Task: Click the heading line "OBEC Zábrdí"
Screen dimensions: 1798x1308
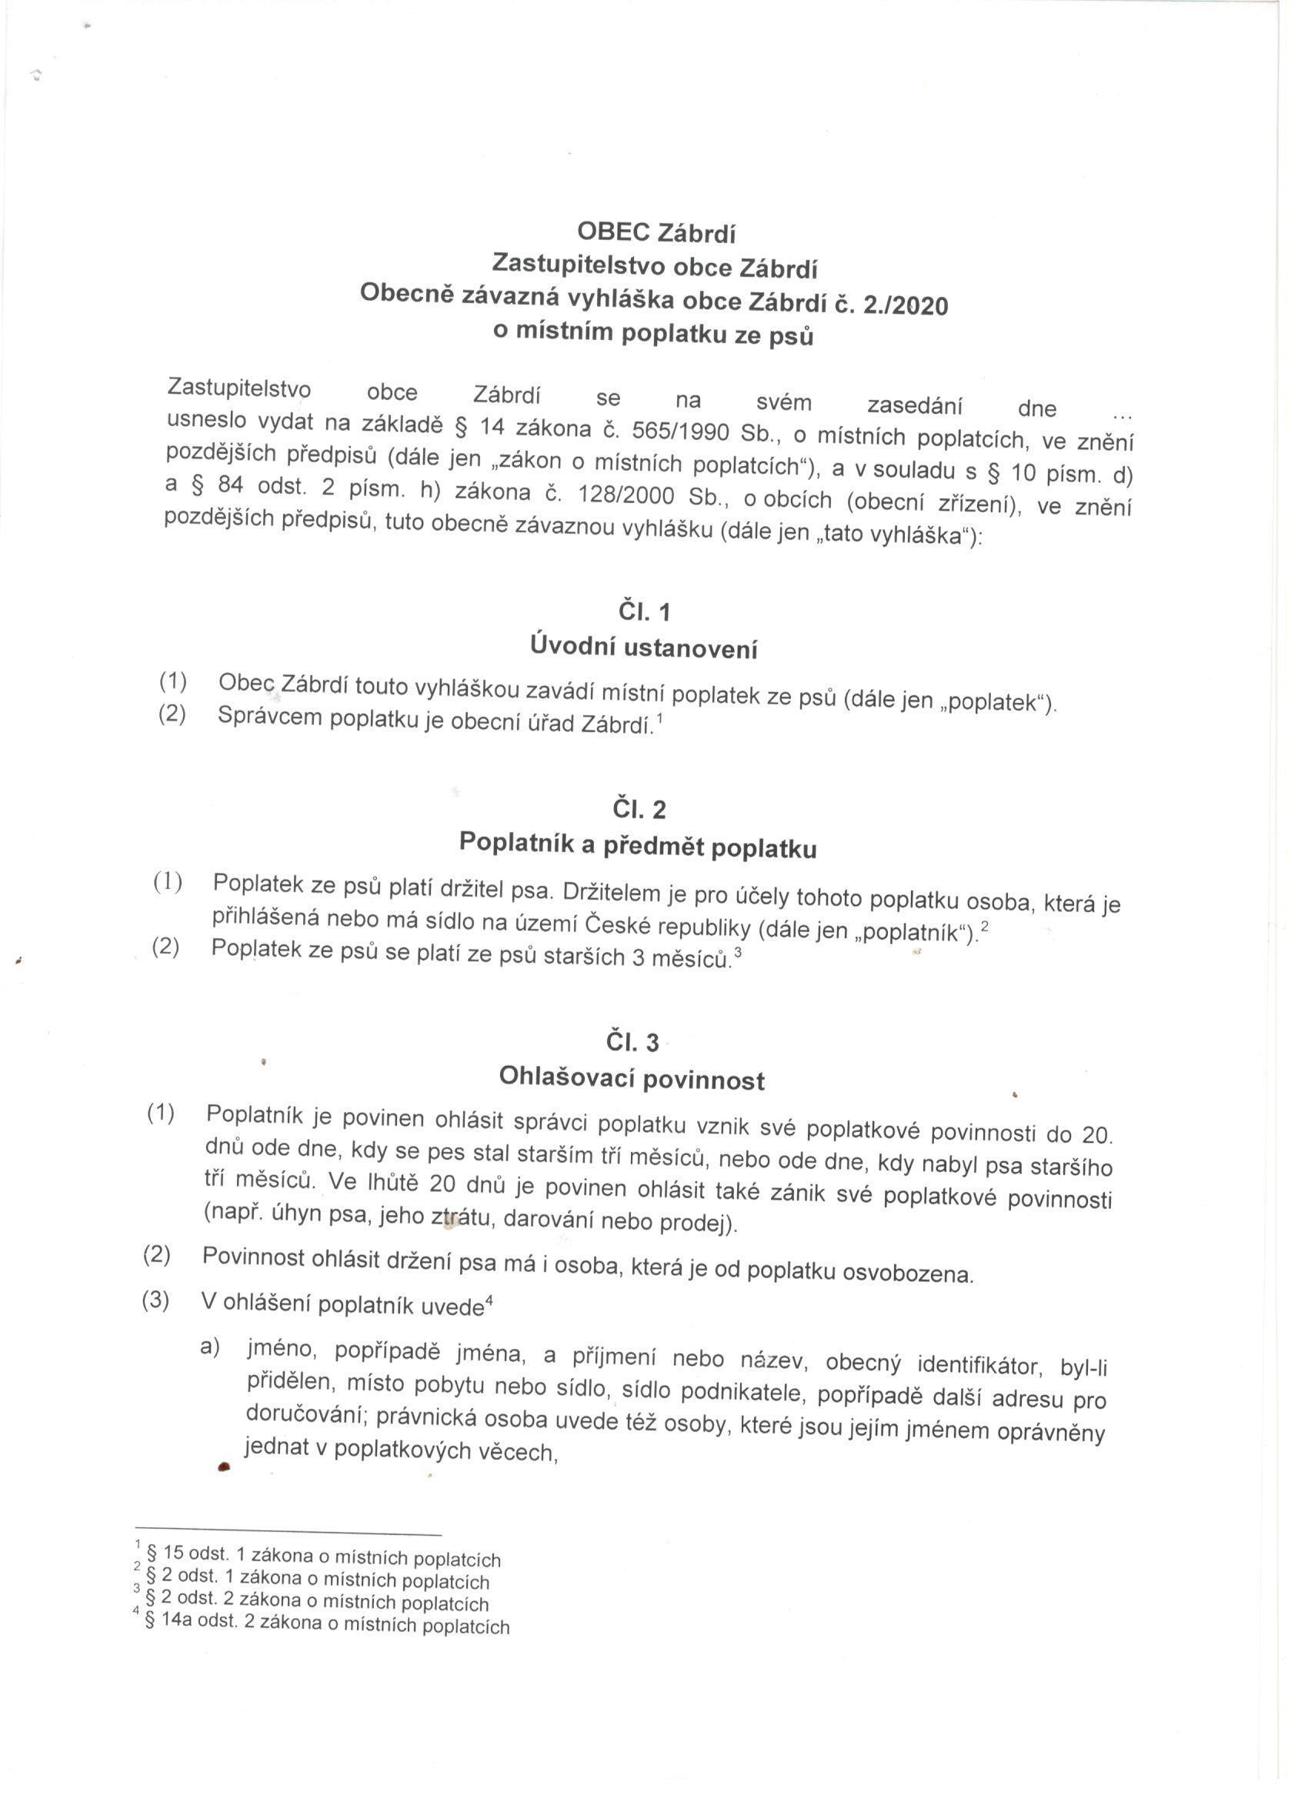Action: [x=656, y=233]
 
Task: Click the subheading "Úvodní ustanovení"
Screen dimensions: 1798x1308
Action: [x=643, y=649]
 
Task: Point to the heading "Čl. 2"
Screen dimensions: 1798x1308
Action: [x=639, y=811]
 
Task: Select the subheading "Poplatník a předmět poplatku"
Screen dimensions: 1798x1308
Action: [x=638, y=847]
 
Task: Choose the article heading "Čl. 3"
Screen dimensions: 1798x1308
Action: [x=632, y=1043]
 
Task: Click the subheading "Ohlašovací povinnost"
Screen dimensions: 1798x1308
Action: [x=632, y=1079]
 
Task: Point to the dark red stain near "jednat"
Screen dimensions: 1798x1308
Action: [x=225, y=1466]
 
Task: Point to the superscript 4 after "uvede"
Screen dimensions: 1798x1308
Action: [x=490, y=1299]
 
